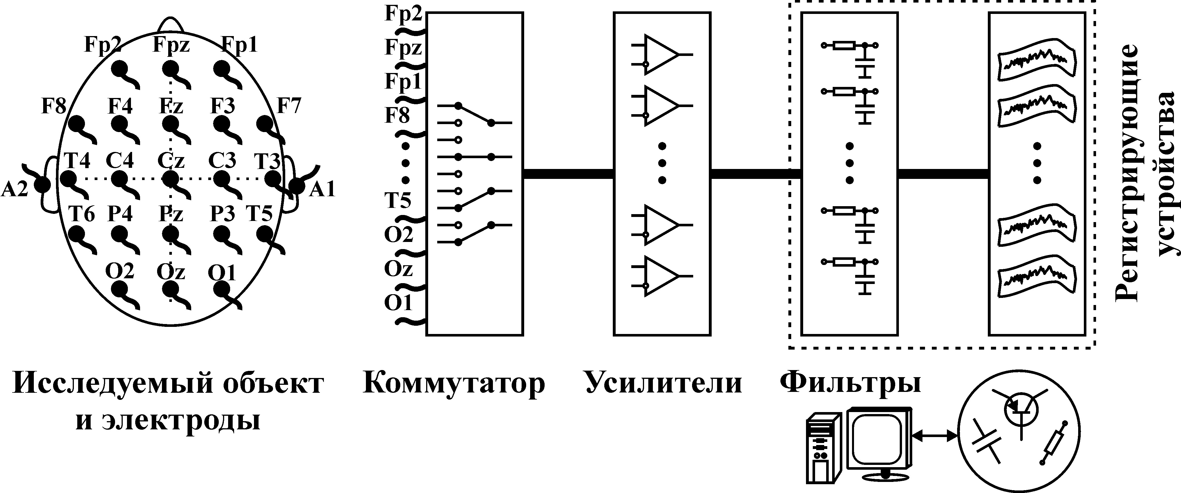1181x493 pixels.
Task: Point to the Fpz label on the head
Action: pos(171,45)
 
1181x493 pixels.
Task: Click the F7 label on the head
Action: pos(289,106)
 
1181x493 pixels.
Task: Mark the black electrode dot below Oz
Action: pos(170,288)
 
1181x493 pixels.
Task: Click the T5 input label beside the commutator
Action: pos(397,200)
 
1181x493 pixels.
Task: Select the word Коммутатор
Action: pos(454,383)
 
